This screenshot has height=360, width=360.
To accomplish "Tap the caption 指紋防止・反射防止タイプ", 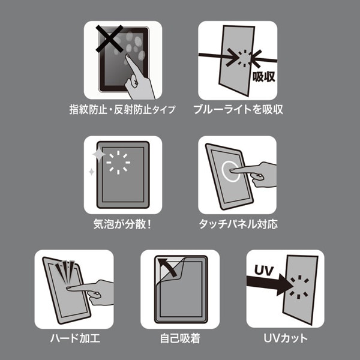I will click(122, 110).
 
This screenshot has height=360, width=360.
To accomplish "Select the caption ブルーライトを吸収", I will click(238, 110).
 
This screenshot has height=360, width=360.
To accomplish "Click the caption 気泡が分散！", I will click(122, 224).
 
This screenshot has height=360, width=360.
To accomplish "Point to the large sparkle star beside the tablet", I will click(98, 157).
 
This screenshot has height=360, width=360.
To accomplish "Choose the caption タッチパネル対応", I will click(238, 224).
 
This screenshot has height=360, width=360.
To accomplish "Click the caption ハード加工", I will click(74, 338).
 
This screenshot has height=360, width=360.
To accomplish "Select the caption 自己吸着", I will click(180, 338).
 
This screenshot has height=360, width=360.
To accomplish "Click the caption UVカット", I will click(286, 338).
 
